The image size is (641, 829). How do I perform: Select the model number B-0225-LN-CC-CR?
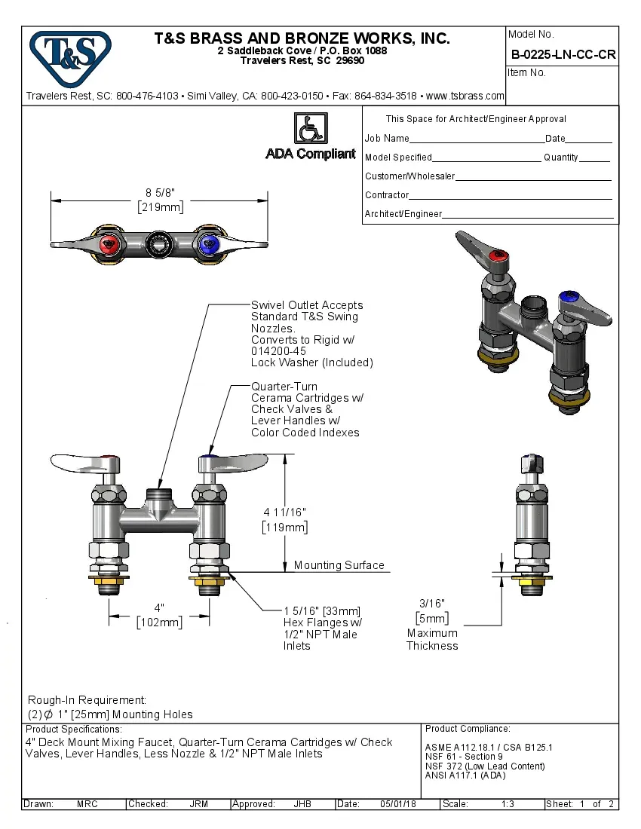(x=563, y=54)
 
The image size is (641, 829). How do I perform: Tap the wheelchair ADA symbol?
(x=310, y=128)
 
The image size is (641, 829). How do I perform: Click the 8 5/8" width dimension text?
(x=159, y=193)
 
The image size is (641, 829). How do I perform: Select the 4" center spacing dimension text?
(x=159, y=607)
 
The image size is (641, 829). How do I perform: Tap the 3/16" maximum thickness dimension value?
(x=432, y=603)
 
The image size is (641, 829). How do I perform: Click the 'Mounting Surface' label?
(x=339, y=565)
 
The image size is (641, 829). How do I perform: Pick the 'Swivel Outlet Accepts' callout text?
(x=307, y=305)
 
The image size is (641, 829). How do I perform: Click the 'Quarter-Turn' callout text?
(x=285, y=387)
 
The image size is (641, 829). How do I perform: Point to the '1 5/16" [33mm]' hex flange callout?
(x=322, y=610)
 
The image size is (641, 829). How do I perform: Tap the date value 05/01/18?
(x=399, y=804)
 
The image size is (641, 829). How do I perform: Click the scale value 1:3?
(x=508, y=804)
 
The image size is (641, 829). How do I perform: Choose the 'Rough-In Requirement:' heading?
(x=87, y=700)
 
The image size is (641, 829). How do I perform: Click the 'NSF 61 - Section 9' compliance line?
(x=464, y=757)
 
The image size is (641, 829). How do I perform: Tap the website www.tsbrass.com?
(x=465, y=96)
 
